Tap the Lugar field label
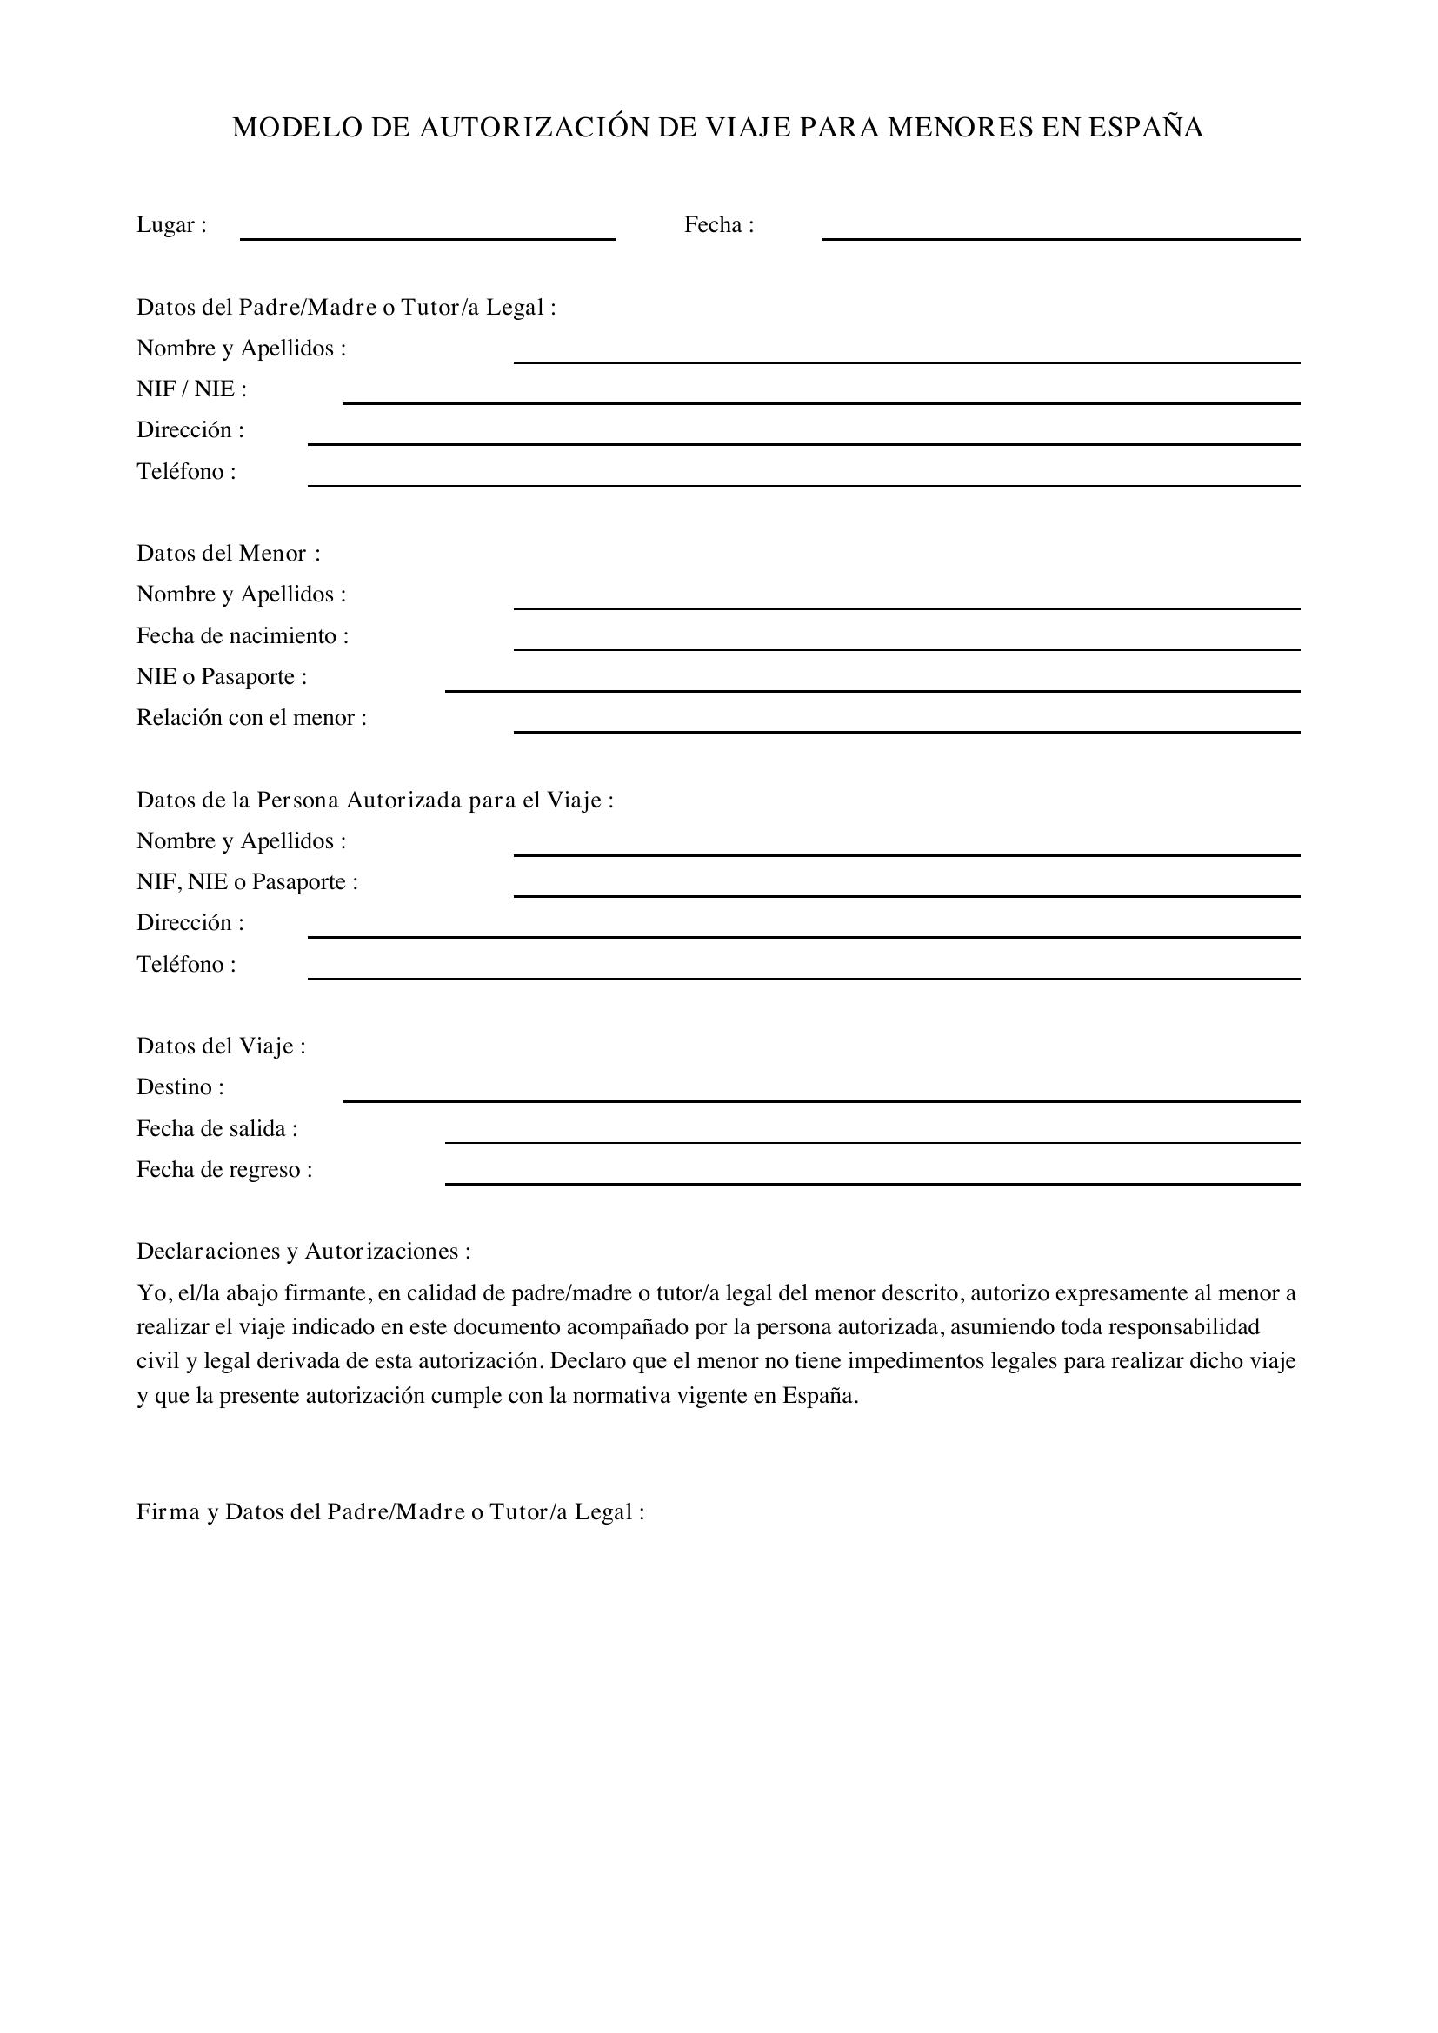171,225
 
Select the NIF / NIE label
191,389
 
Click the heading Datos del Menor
228,554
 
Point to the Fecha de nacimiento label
243,635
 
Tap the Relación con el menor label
251,718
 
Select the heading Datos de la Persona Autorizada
375,801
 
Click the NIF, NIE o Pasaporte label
247,882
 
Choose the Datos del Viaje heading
221,1046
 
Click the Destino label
180,1087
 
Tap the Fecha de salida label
217,1129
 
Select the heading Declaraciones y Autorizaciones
303,1251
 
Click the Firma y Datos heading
389,1511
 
